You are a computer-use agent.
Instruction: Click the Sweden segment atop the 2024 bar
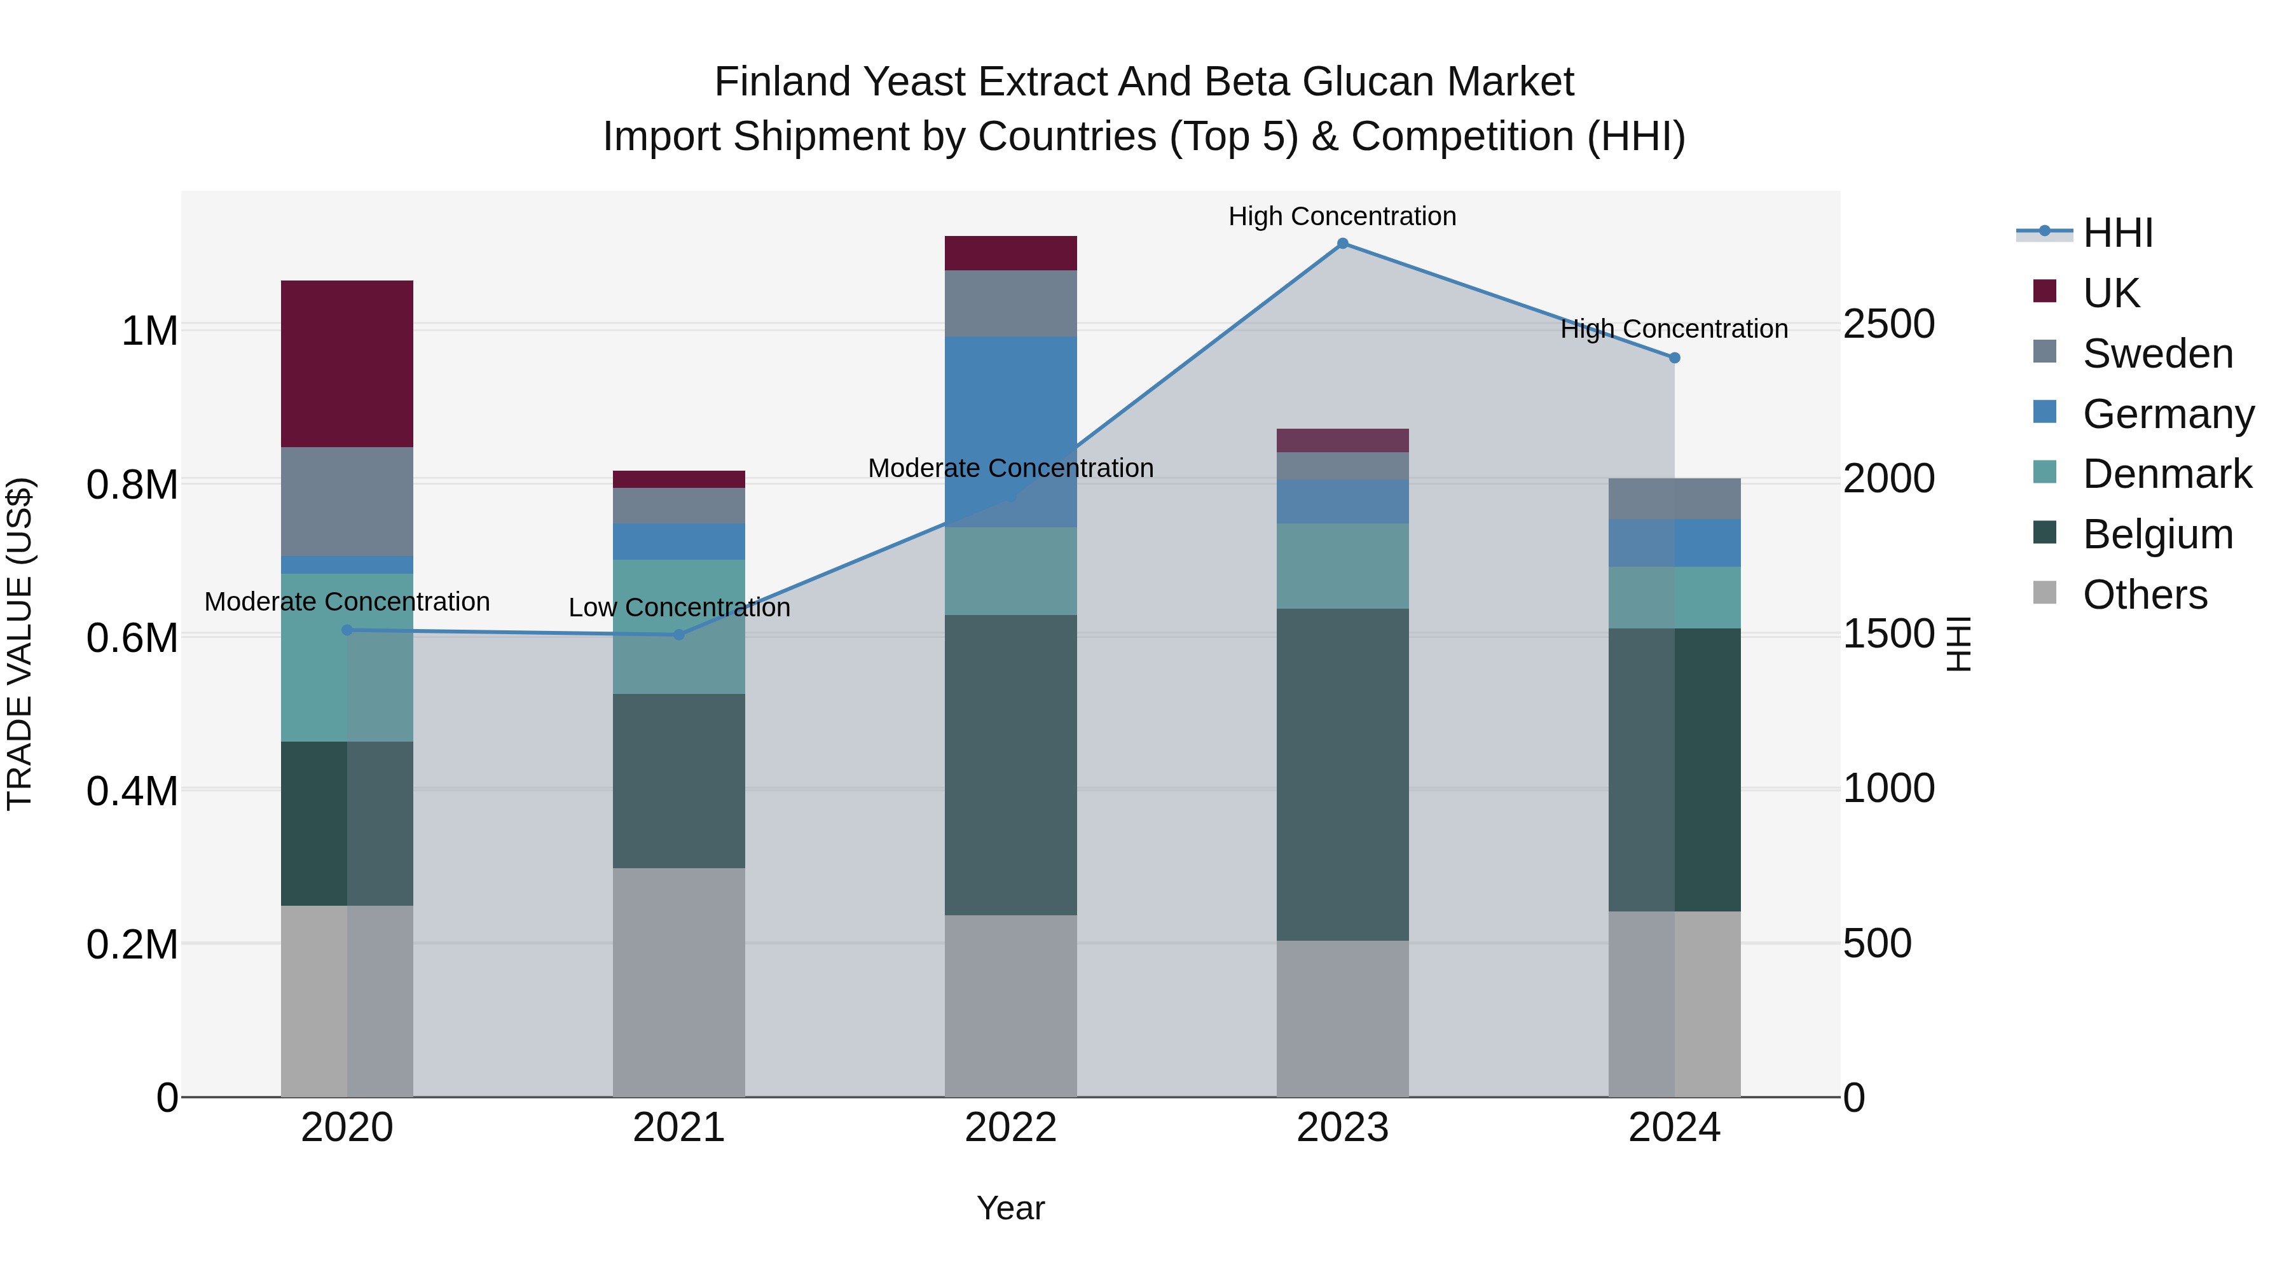point(1674,498)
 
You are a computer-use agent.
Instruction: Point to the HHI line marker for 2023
point(1343,244)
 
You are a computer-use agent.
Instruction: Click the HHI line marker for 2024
point(1674,357)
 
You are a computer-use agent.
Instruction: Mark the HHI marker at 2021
point(679,635)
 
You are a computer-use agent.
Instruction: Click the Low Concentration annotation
point(679,608)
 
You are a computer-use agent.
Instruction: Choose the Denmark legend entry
point(2166,474)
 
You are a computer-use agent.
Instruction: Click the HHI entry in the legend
point(2117,233)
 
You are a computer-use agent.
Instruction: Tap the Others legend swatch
point(2045,593)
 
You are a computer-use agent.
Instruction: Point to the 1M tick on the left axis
point(149,331)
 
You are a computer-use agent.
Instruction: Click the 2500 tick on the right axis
point(1888,324)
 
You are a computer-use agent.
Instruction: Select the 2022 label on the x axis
point(1010,1127)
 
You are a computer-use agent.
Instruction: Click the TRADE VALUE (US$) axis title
point(20,644)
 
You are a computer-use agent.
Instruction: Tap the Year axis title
point(1010,1208)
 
